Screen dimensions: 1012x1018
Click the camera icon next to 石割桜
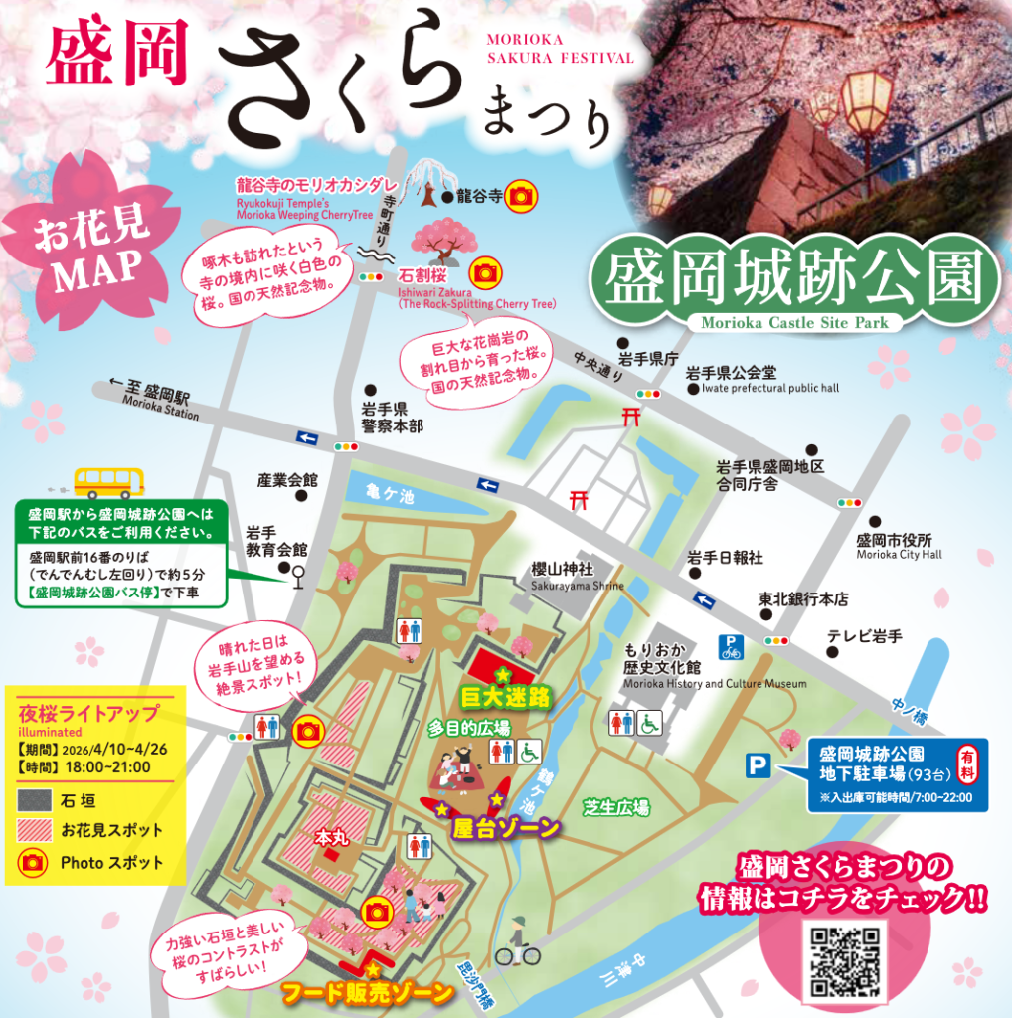tap(484, 271)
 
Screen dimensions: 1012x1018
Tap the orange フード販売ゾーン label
tap(368, 991)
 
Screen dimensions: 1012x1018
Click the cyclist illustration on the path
tap(517, 942)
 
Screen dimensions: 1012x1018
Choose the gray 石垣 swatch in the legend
tap(36, 799)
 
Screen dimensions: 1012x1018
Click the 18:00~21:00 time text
tap(108, 766)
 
